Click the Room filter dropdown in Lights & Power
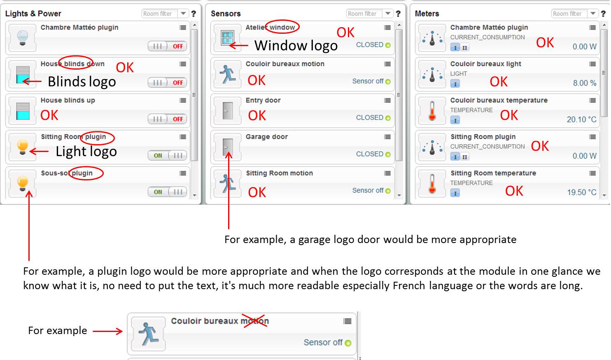(165, 13)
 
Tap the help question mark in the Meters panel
(603, 14)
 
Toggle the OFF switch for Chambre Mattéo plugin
(167, 46)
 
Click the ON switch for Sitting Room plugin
(167, 155)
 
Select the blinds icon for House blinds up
(23, 111)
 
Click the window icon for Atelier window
(227, 38)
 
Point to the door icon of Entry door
(228, 111)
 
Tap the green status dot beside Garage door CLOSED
(388, 154)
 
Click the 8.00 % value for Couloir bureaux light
(585, 83)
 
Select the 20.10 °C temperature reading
(581, 119)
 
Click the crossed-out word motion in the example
(255, 321)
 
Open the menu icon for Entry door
(387, 101)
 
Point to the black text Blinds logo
(82, 82)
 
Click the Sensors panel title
(226, 14)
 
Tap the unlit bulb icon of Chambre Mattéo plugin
(23, 38)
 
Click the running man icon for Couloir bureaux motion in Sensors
(228, 74)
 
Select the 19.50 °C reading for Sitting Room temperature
(582, 192)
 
